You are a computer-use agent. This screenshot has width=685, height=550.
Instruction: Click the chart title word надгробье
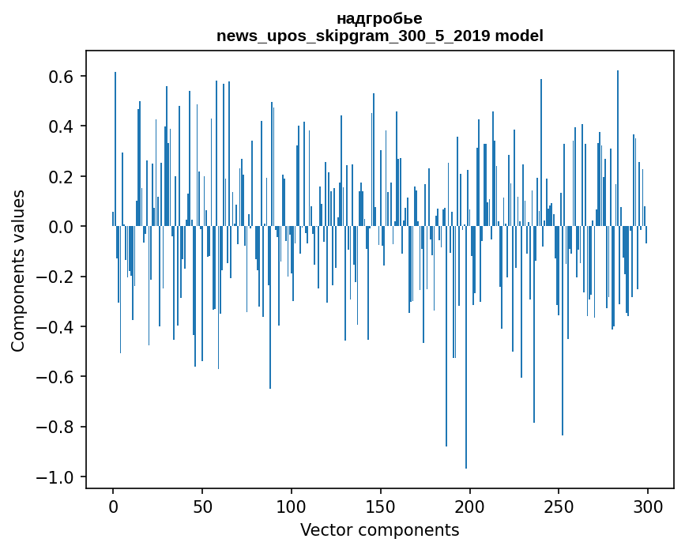point(379,18)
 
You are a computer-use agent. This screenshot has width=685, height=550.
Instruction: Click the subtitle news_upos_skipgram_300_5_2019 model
point(379,36)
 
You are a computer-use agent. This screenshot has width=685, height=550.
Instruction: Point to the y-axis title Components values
point(17,270)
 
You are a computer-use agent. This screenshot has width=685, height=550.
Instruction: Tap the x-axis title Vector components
point(379,529)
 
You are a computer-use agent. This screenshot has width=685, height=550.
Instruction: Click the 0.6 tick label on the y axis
point(62,77)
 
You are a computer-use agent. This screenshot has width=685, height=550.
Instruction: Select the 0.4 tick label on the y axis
point(62,126)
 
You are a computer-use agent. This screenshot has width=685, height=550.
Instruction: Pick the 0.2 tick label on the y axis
point(62,177)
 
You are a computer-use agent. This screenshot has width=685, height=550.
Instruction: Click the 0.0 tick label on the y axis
point(62,227)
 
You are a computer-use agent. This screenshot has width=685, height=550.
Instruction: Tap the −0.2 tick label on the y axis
point(57,277)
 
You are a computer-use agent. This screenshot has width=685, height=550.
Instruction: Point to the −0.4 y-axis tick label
point(57,327)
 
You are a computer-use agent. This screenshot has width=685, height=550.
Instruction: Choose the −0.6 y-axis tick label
point(57,377)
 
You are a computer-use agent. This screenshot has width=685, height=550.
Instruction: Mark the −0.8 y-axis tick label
point(57,427)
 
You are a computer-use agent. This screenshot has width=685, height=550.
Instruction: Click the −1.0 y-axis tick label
point(57,477)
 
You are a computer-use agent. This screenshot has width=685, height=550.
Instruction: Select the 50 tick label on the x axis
point(202,506)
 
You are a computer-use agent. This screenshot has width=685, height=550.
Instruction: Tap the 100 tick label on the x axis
point(292,506)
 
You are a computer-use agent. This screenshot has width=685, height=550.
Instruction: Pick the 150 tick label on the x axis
point(381,506)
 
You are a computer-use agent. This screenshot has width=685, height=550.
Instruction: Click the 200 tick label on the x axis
point(470,506)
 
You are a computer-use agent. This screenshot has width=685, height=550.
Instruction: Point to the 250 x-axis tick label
point(559,506)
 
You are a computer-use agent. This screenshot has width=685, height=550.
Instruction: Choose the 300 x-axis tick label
point(649,506)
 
